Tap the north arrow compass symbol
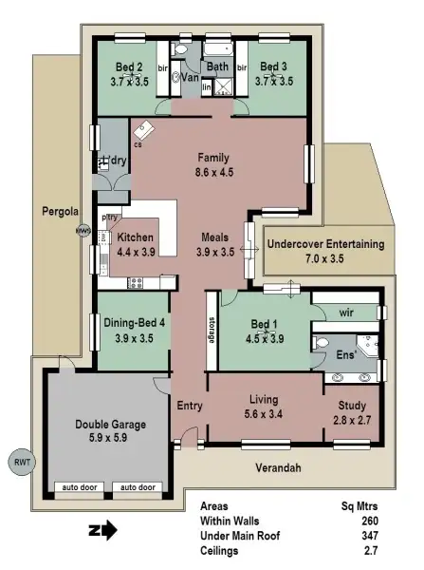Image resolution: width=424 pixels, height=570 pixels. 102,529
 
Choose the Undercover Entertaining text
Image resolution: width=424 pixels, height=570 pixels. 325,244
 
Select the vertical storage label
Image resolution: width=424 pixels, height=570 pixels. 211,328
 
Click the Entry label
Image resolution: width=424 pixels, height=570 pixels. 190,406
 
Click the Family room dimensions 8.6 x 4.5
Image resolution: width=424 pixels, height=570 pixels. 214,172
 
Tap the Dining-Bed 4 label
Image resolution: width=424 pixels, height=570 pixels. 134,322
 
